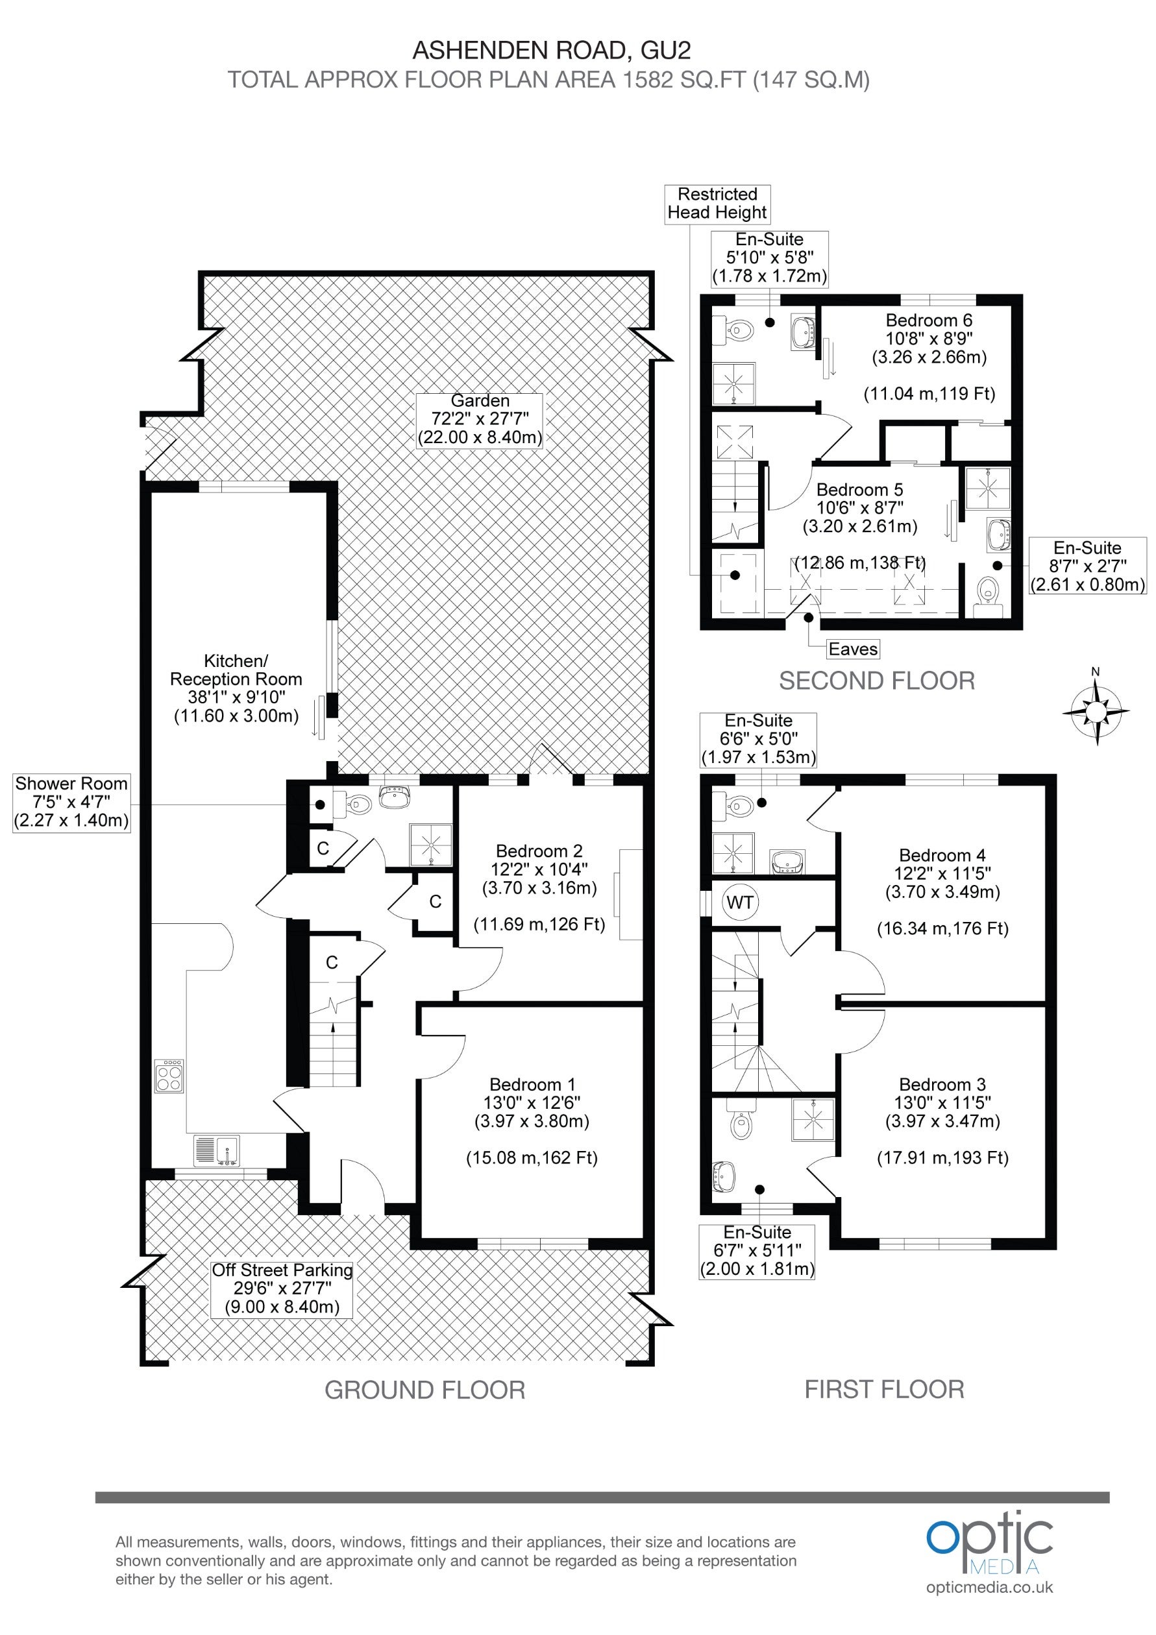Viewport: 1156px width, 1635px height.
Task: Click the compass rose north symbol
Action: coord(1096,710)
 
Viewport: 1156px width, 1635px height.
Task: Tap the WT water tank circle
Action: coord(740,903)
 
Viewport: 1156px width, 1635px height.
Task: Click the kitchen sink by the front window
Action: coord(217,1151)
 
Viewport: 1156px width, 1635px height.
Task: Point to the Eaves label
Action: coord(853,649)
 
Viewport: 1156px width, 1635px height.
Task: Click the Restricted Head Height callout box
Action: coord(717,204)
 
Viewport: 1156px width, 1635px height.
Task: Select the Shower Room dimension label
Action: coord(71,802)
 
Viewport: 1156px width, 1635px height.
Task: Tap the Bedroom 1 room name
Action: coord(532,1085)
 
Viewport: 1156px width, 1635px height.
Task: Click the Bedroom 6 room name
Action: coord(929,321)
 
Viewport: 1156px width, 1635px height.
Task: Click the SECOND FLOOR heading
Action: coord(877,681)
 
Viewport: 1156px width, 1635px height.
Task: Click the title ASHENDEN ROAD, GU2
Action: coord(552,51)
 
